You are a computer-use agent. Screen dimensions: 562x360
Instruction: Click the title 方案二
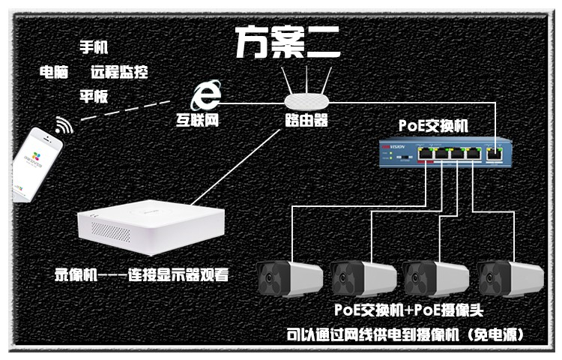(288, 43)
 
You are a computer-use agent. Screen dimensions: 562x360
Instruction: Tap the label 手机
(94, 47)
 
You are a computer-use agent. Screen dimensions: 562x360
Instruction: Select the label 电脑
(54, 72)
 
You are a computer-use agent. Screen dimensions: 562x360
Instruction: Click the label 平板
(94, 97)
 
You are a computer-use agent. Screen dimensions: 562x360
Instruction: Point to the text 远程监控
(119, 72)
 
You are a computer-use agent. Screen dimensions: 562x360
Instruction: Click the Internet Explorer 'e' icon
(205, 95)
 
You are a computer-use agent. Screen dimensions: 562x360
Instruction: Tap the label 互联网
(197, 120)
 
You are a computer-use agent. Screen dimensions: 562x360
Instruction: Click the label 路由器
(306, 120)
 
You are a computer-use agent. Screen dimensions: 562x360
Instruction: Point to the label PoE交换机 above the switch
(433, 126)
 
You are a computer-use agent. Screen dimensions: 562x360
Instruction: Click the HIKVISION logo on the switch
(393, 147)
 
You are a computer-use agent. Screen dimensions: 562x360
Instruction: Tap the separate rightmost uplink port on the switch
(495, 154)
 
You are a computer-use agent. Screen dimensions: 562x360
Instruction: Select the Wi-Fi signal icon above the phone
(64, 125)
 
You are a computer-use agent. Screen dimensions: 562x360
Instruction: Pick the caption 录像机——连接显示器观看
(142, 275)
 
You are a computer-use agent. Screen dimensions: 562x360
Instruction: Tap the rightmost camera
(510, 278)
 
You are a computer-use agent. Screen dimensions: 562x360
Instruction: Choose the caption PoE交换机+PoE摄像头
(409, 310)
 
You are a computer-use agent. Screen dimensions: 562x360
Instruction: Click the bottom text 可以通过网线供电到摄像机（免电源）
(405, 335)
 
